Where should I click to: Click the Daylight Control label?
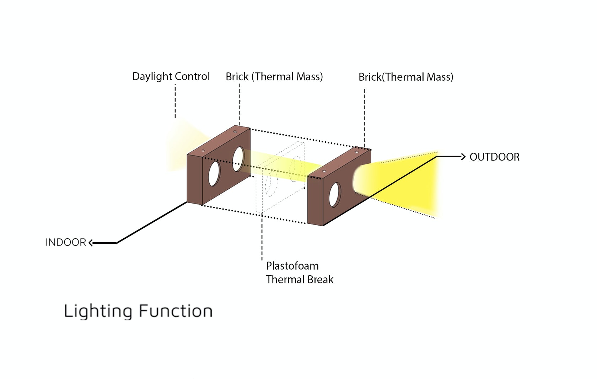pyautogui.click(x=171, y=76)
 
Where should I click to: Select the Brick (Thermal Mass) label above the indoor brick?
pyautogui.click(x=274, y=77)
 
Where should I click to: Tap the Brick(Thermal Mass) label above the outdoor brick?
pyautogui.click(x=405, y=77)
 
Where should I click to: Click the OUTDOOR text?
pyautogui.click(x=494, y=157)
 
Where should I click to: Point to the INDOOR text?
pyautogui.click(x=66, y=242)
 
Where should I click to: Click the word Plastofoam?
pyautogui.click(x=292, y=266)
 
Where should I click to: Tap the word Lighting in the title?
pyautogui.click(x=97, y=311)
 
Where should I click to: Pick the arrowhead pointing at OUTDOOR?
pyautogui.click(x=463, y=157)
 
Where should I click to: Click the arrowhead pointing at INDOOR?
pyautogui.click(x=91, y=243)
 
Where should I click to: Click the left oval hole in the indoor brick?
pyautogui.click(x=214, y=173)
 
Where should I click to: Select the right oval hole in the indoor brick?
pyautogui.click(x=238, y=159)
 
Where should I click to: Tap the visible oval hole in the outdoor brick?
pyautogui.click(x=334, y=195)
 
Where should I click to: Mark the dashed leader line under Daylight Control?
pyautogui.click(x=175, y=101)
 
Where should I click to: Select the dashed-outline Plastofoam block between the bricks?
pyautogui.click(x=281, y=178)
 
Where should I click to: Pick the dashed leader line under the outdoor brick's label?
pyautogui.click(x=365, y=117)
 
